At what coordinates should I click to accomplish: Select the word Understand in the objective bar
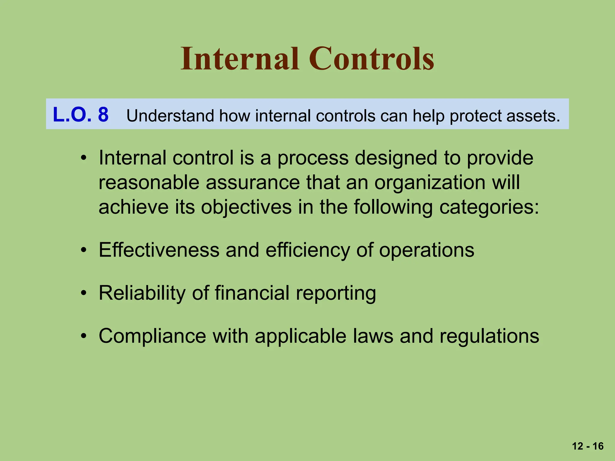click(x=170, y=116)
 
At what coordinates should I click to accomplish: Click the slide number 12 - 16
click(x=588, y=446)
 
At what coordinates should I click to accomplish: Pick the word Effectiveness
click(x=159, y=250)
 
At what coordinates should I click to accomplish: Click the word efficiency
click(x=307, y=250)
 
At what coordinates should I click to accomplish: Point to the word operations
click(x=426, y=250)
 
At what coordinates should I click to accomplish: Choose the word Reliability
click(x=142, y=293)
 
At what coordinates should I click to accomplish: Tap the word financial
click(x=252, y=293)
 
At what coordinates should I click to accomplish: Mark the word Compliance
click(x=152, y=336)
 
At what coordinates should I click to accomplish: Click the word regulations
click(x=489, y=336)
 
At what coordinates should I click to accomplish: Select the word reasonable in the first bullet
click(x=149, y=182)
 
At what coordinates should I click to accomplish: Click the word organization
click(x=429, y=182)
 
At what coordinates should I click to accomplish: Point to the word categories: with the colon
click(x=489, y=207)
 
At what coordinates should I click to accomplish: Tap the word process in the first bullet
click(x=313, y=158)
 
